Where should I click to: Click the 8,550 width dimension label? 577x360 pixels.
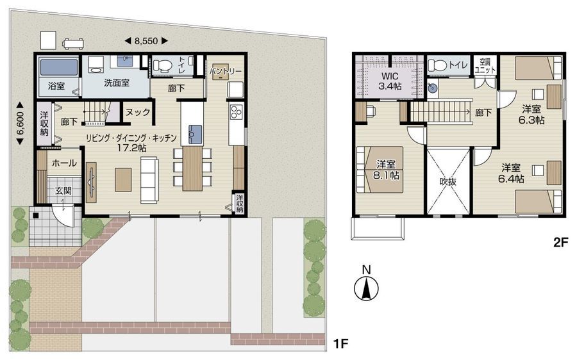146,41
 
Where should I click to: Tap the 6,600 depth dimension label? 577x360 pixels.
21,123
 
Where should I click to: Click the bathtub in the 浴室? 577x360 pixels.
59,67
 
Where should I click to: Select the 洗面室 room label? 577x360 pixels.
117,83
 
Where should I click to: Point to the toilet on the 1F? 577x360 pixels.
163,65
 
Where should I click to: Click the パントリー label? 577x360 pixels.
226,71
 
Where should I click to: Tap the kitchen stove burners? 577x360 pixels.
235,112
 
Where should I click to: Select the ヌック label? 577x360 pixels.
138,112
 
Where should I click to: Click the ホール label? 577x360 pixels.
64,163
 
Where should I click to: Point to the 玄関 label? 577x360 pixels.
63,190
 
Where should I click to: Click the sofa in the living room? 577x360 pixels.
149,180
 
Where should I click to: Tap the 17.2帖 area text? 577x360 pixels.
131,148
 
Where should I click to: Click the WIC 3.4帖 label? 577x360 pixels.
390,81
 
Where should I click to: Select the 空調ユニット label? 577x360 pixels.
485,66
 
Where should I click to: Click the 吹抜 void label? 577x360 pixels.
448,181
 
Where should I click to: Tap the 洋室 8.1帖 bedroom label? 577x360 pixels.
386,170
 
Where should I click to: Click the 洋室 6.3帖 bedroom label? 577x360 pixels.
531,115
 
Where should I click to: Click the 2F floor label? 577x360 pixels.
561,243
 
